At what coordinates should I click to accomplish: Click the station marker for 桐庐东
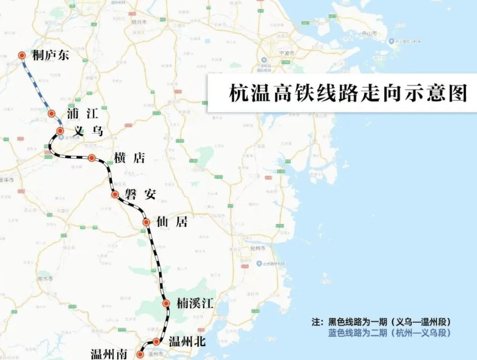pyautogui.click(x=22, y=56)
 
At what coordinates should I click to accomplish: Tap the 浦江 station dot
pyautogui.click(x=52, y=114)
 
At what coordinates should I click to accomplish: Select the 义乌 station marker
pyautogui.click(x=60, y=131)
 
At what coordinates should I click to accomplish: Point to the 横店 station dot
pyautogui.click(x=92, y=158)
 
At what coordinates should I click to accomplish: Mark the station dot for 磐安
pyautogui.click(x=115, y=194)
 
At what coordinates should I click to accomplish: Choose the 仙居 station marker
pyautogui.click(x=146, y=222)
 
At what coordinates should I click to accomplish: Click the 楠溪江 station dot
pyautogui.click(x=166, y=303)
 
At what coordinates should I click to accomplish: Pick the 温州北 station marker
pyautogui.click(x=156, y=342)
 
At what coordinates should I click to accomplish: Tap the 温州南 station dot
pyautogui.click(x=140, y=354)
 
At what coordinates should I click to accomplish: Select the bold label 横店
pyautogui.click(x=130, y=158)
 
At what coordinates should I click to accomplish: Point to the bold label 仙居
pyautogui.click(x=173, y=222)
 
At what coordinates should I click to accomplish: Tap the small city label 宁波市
pyautogui.click(x=287, y=53)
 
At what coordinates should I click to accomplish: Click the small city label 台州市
pyautogui.click(x=258, y=249)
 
